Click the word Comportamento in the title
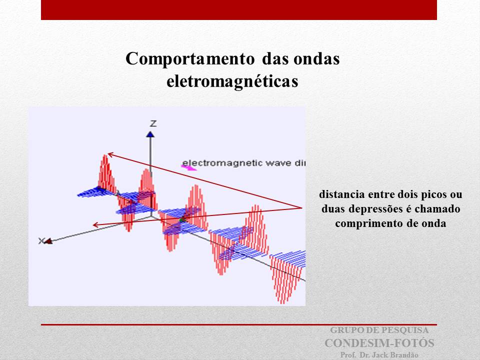190,59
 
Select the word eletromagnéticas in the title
232,81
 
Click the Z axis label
153,123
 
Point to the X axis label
41,241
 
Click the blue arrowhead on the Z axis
150,134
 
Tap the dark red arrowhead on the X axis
48,241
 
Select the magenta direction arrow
188,167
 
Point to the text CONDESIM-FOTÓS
379,343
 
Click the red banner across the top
239,10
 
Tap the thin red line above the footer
239,324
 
